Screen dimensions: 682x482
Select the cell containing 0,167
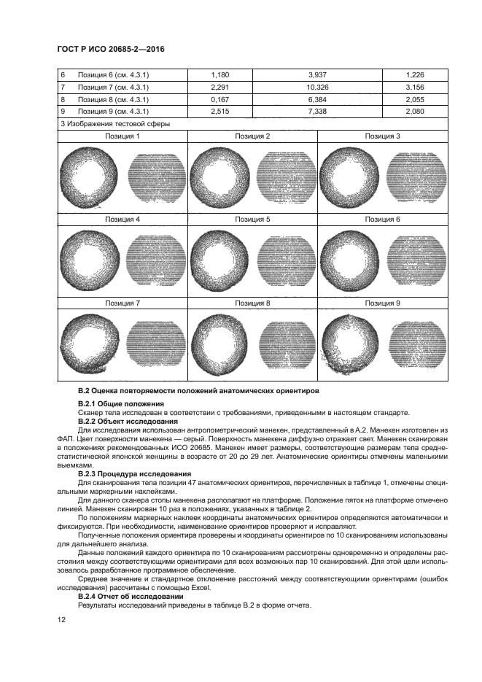click(x=219, y=99)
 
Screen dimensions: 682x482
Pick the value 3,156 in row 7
click(x=414, y=87)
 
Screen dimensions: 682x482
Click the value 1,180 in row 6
click(x=219, y=74)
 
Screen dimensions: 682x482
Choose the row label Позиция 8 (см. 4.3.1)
click(x=113, y=99)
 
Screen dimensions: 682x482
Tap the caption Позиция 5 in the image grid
click(x=252, y=219)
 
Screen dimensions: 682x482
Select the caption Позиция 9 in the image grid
click(x=382, y=303)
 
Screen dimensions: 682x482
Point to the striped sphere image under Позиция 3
click(x=414, y=176)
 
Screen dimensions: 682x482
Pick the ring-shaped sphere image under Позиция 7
click(x=90, y=341)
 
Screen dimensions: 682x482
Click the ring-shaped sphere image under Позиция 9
click(x=350, y=341)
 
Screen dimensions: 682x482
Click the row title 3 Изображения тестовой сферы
click(x=114, y=124)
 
